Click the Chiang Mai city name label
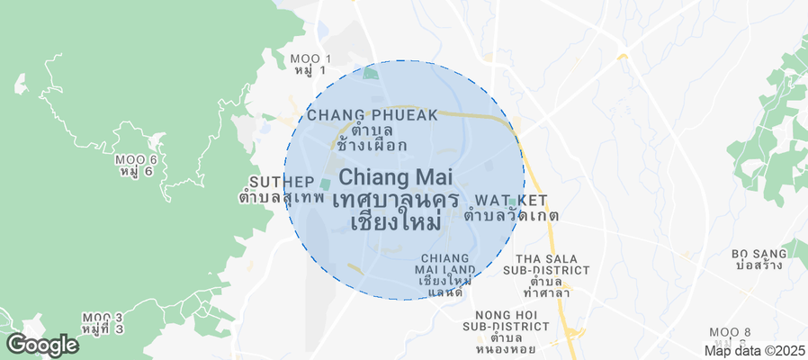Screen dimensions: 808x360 [x=396, y=178]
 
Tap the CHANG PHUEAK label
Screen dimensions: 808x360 [x=372, y=114]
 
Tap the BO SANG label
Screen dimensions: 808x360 [x=759, y=254]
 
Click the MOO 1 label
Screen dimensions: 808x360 [x=311, y=59]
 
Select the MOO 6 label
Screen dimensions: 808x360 [x=137, y=159]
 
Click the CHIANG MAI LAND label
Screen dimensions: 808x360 [x=444, y=263]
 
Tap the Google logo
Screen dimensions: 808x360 [x=41, y=344]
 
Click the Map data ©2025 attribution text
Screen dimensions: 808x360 [x=754, y=351]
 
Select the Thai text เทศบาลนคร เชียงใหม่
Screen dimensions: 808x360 [x=396, y=210]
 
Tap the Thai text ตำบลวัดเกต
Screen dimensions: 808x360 [x=511, y=216]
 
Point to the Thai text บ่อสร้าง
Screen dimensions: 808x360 [x=759, y=266]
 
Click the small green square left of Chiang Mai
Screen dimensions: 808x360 [x=325, y=184]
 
